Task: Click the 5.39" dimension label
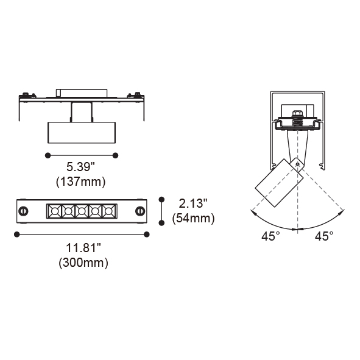click(80, 167)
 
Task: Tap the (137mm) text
click(81, 182)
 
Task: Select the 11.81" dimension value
click(83, 248)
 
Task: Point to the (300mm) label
click(83, 263)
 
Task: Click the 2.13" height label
click(193, 203)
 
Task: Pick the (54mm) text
click(194, 218)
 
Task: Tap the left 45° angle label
click(270, 236)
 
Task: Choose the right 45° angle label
click(324, 236)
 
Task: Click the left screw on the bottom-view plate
click(23, 211)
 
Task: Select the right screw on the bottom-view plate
click(140, 211)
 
